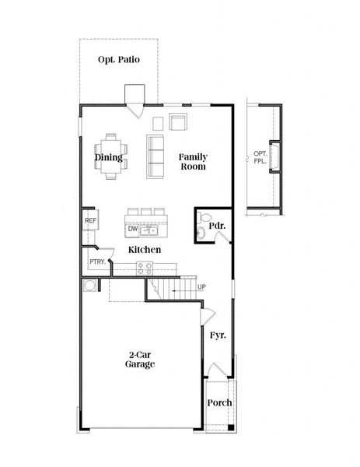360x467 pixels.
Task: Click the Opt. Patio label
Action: pos(119,60)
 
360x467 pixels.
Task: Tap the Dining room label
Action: pos(109,157)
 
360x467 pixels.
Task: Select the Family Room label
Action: pos(193,161)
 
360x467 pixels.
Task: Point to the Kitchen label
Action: pos(145,249)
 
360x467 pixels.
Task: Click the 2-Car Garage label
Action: pos(141,359)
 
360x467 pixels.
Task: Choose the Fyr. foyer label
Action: pos(218,335)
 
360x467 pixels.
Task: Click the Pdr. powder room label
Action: pos(216,226)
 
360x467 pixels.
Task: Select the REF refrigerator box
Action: pos(89,221)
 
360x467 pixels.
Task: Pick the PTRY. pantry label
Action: pos(97,262)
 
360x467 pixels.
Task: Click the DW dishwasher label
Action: pos(133,229)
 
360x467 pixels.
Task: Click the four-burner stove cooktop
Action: pos(145,268)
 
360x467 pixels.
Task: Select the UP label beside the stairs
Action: pos(201,287)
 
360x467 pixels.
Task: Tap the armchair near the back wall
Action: pos(179,121)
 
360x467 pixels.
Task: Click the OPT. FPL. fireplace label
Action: pos(260,159)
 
